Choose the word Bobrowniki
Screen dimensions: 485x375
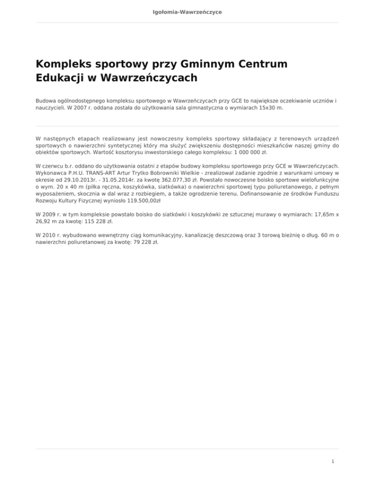(173, 172)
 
